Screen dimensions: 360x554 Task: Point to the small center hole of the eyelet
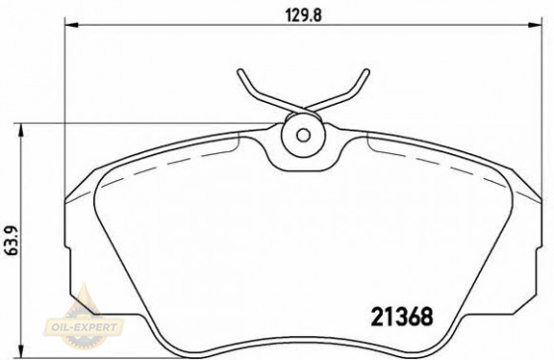pyautogui.click(x=303, y=135)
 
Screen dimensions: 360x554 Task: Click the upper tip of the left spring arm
pyautogui.click(x=241, y=71)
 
